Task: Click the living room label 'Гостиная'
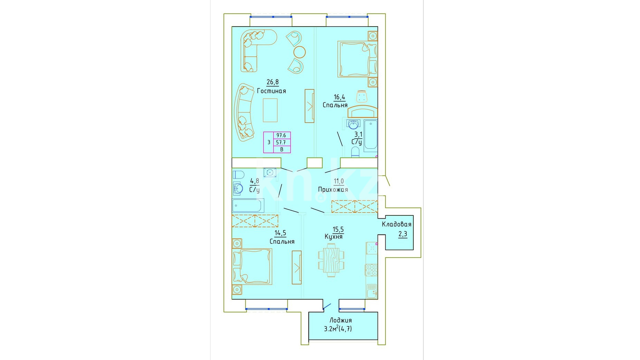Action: pos(271,91)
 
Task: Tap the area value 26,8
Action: pos(272,82)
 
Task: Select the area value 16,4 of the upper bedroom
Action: pos(339,97)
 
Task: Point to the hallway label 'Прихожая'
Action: pos(333,190)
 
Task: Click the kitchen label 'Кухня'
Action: pos(333,237)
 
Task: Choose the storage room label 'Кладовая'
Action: pos(396,224)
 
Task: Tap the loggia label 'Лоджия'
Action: pos(340,321)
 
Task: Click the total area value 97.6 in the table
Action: pos(281,136)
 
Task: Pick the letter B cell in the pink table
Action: pos(282,149)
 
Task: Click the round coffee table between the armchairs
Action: pos(300,52)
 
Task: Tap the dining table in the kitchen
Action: pos(331,260)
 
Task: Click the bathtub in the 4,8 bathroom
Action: pos(248,205)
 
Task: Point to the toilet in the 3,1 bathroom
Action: pos(355,152)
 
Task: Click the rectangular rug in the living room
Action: pos(270,110)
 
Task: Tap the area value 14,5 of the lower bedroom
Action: pos(280,233)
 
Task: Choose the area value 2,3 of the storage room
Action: pos(403,234)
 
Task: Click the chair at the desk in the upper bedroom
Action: pos(361,96)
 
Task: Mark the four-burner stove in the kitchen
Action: pos(371,270)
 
